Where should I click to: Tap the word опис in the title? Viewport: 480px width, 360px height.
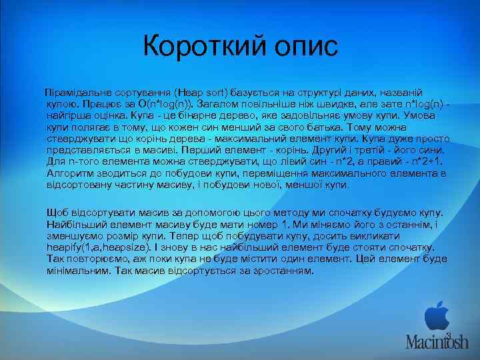tap(299, 46)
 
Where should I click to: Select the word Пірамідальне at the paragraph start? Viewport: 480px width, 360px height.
tap(75, 91)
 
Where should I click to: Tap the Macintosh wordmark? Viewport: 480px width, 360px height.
tap(437, 342)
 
